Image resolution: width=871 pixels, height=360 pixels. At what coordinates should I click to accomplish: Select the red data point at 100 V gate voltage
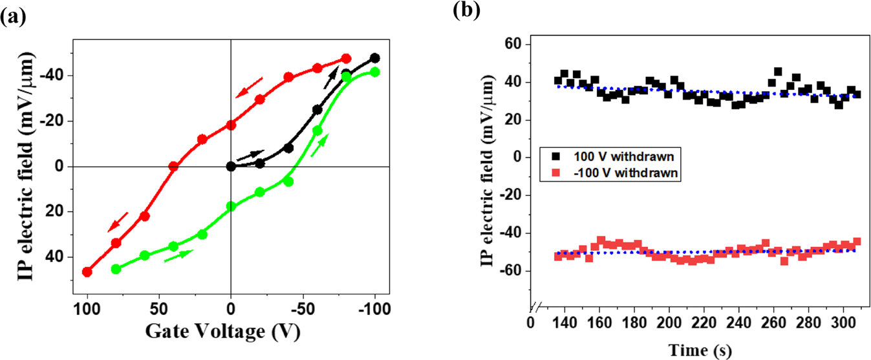point(87,272)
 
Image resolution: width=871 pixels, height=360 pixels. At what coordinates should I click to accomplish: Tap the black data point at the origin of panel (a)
point(231,166)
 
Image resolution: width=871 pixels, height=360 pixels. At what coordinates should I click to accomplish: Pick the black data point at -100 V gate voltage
point(374,58)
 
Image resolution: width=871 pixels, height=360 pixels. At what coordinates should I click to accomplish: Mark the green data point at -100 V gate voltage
point(374,72)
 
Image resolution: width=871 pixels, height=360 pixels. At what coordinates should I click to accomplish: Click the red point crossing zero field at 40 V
point(173,166)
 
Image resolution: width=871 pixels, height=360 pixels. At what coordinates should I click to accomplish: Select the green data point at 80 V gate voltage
point(116,269)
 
